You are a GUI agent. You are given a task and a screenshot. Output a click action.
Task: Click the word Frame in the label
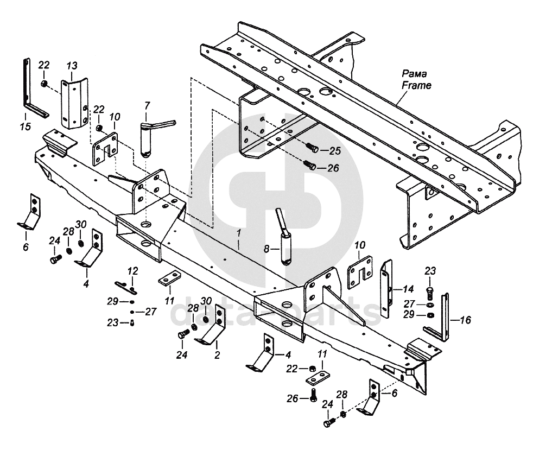(x=416, y=85)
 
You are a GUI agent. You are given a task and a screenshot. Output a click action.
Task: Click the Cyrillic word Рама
(x=415, y=74)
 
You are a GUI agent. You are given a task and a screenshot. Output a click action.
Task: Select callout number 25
(x=335, y=151)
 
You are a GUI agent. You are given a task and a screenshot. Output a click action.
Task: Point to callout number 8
(x=267, y=249)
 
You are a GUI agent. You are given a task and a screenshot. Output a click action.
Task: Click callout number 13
(x=72, y=66)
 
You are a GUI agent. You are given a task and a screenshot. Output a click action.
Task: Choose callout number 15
(x=26, y=126)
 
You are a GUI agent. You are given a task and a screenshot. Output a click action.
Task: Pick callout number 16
(x=465, y=320)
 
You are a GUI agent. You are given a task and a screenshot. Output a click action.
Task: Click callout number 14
(x=408, y=289)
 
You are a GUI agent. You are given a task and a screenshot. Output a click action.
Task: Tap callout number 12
(x=133, y=271)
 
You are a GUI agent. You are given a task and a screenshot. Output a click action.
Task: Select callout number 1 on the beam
(x=239, y=233)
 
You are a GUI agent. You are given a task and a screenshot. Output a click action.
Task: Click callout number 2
(x=217, y=355)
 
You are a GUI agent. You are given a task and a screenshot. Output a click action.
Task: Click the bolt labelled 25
(x=312, y=148)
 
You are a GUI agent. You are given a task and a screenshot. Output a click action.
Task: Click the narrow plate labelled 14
(x=386, y=289)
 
